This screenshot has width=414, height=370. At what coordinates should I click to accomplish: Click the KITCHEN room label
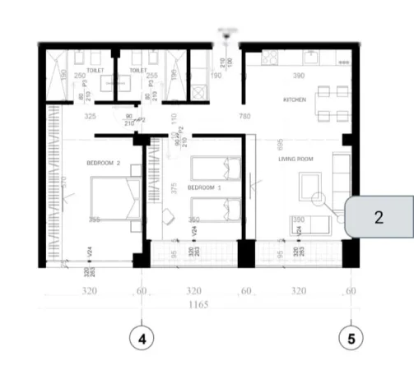point(294,99)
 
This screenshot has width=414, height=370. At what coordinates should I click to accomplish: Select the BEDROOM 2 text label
point(103,163)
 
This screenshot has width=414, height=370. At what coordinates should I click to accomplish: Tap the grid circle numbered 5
point(351,337)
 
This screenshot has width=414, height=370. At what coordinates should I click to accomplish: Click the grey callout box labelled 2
point(378,218)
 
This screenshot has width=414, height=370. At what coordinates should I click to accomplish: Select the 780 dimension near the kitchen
point(244,117)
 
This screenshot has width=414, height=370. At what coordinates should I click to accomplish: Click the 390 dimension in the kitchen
point(299,76)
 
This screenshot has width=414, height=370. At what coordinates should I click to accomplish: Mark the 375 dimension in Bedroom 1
point(173,187)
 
